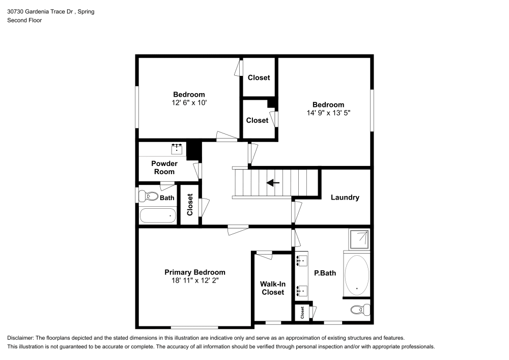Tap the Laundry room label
[x=345, y=198]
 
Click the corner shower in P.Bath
[x=359, y=239]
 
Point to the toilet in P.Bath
[x=361, y=309]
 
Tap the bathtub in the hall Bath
[x=158, y=215]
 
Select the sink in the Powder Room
[x=177, y=148]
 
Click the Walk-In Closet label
[x=272, y=288]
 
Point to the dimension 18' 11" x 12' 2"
[x=194, y=280]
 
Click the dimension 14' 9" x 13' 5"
[x=328, y=113]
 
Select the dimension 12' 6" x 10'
[x=189, y=102]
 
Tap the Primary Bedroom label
[x=194, y=272]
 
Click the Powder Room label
[x=164, y=168]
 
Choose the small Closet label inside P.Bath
[x=302, y=313]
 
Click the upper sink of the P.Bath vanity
[x=302, y=261]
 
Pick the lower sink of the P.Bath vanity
[x=302, y=291]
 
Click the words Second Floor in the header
[x=24, y=20]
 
